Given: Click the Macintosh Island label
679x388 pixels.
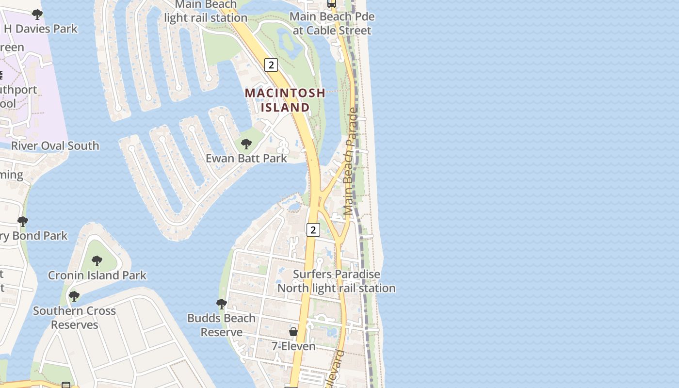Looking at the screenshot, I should (285, 100).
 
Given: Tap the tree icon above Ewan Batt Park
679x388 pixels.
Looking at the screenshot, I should (246, 144).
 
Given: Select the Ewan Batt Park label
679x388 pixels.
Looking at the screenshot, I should (246, 158).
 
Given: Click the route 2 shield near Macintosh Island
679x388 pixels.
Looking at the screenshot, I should (271, 65).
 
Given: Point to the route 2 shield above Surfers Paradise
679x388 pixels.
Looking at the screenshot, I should (313, 230).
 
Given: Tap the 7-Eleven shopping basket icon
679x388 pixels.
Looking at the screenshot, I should (293, 332).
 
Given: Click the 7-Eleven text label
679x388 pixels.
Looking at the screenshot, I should (293, 346).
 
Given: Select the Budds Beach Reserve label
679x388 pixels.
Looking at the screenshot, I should (222, 325).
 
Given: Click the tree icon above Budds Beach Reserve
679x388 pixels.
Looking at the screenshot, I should (221, 304).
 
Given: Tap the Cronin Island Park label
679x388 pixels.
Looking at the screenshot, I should (97, 275).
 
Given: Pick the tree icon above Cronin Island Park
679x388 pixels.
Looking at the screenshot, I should (97, 261).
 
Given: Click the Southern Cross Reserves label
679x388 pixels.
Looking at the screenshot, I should (75, 318).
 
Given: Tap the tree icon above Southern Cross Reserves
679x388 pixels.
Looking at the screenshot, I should (74, 296).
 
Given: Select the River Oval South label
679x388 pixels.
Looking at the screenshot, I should (55, 145).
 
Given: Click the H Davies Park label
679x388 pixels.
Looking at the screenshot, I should (41, 29).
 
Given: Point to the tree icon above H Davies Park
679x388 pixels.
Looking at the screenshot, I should (37, 15).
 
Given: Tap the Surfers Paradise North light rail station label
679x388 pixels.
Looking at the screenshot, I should (337, 281).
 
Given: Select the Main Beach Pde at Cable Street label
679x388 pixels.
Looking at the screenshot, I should (332, 23).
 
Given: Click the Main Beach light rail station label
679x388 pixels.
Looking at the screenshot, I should (206, 12).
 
